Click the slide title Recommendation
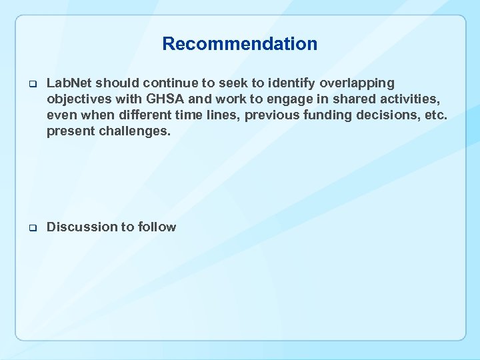(240, 45)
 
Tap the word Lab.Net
(69, 83)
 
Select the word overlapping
(357, 83)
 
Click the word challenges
(137, 131)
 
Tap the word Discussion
(81, 227)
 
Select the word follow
(157, 227)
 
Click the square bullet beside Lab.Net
(31, 84)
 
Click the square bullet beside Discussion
(31, 228)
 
